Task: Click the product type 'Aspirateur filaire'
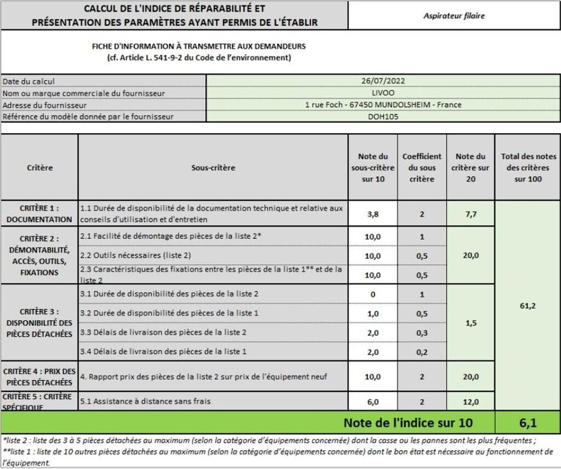click(x=454, y=16)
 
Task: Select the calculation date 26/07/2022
click(x=383, y=81)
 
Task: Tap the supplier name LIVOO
click(x=383, y=93)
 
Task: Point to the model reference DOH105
click(x=383, y=116)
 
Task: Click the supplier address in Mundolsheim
click(x=383, y=105)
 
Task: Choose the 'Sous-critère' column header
click(x=213, y=168)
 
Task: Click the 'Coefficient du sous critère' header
click(x=422, y=168)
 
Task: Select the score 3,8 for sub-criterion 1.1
click(x=373, y=214)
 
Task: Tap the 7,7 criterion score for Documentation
click(x=471, y=214)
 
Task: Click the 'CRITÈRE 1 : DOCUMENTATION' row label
click(x=39, y=214)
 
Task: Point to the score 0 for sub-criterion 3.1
click(x=373, y=294)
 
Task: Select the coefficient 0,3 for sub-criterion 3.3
click(x=422, y=333)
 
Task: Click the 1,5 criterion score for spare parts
click(x=471, y=323)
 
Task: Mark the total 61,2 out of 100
click(x=527, y=306)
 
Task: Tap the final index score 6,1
click(x=527, y=423)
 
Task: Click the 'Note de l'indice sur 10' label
click(x=408, y=423)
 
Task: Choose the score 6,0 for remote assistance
click(x=373, y=402)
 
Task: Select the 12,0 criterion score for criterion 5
click(x=471, y=402)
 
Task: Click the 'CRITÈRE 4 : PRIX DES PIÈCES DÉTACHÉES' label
click(x=39, y=376)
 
